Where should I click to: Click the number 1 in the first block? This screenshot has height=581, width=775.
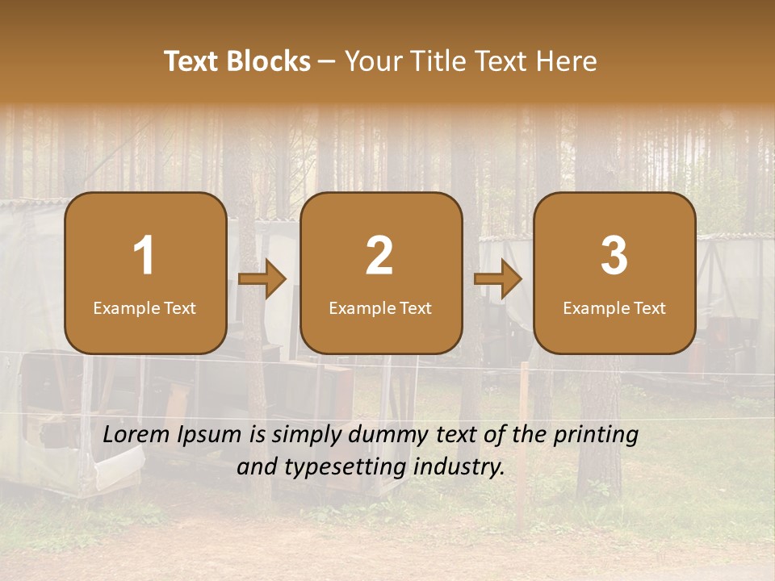pyautogui.click(x=145, y=256)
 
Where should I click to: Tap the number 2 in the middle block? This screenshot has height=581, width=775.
pyautogui.click(x=379, y=256)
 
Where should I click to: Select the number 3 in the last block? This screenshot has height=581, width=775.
pyautogui.click(x=614, y=256)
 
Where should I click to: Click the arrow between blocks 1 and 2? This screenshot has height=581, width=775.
pyautogui.click(x=262, y=279)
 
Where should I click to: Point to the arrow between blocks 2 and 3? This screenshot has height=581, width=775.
pyautogui.click(x=497, y=279)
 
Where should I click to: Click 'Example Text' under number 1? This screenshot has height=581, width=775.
pyautogui.click(x=145, y=307)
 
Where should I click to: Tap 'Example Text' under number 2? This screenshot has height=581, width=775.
pyautogui.click(x=380, y=307)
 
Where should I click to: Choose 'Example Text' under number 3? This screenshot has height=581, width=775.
pyautogui.click(x=614, y=307)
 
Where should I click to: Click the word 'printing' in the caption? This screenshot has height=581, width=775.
pyautogui.click(x=596, y=436)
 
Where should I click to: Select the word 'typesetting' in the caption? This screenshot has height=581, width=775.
pyautogui.click(x=346, y=467)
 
